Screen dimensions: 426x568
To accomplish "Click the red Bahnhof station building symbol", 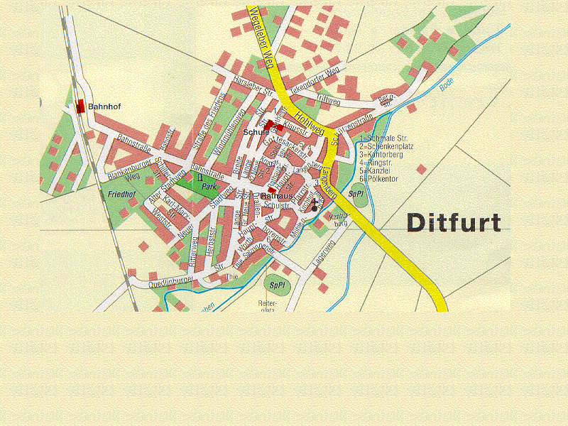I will pyautogui.click(x=80, y=106).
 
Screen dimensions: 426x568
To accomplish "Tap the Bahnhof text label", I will pyautogui.click(x=104, y=106).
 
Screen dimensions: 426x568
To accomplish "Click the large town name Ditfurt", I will pyautogui.click(x=454, y=223).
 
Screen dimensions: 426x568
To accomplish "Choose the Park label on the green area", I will pyautogui.click(x=208, y=186).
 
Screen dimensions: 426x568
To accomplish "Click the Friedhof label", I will pyautogui.click(x=121, y=194).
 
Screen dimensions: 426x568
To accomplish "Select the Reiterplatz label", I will pyautogui.click(x=266, y=306).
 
